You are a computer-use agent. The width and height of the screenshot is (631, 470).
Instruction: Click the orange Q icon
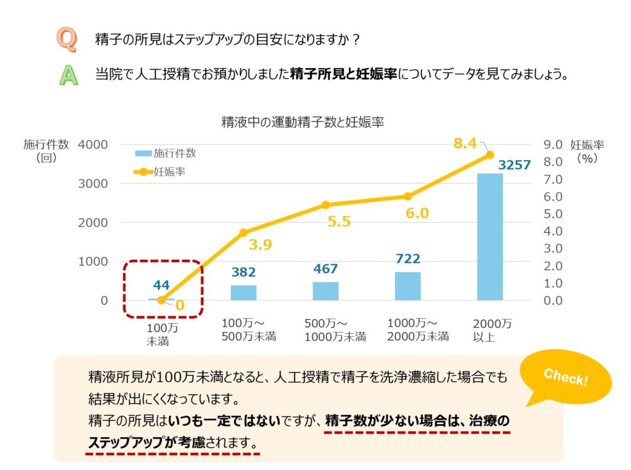pyautogui.click(x=66, y=40)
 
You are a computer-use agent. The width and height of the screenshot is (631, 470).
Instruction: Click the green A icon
pyautogui.click(x=66, y=74)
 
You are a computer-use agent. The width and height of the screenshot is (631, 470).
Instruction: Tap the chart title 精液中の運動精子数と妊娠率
pyautogui.click(x=302, y=122)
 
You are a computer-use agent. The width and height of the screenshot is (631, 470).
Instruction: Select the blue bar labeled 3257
pyautogui.click(x=490, y=237)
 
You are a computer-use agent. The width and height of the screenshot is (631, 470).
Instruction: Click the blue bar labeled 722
pyautogui.click(x=408, y=286)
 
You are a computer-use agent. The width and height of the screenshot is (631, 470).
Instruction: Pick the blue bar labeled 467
pyautogui.click(x=326, y=291)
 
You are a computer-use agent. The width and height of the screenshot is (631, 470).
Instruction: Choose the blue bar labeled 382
pyautogui.click(x=244, y=293)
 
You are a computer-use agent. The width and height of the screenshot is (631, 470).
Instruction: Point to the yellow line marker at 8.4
pyautogui.click(x=490, y=155)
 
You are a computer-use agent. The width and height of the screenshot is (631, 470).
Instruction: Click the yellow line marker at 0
pyautogui.click(x=162, y=300)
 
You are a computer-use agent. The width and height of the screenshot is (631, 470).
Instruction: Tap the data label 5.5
pyautogui.click(x=326, y=223)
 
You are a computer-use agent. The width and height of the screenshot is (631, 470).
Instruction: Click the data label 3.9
pyautogui.click(x=259, y=245)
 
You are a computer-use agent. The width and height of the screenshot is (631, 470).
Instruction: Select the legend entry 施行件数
pyautogui.click(x=166, y=153)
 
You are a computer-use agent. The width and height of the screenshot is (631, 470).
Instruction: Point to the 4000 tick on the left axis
pyautogui.click(x=93, y=144)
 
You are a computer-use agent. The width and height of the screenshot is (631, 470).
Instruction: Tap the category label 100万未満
pyautogui.click(x=162, y=334)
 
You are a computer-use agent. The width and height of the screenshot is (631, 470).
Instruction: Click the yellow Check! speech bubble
pyautogui.click(x=566, y=379)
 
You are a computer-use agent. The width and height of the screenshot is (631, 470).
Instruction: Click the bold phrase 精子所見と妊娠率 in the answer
pyautogui.click(x=343, y=74)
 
